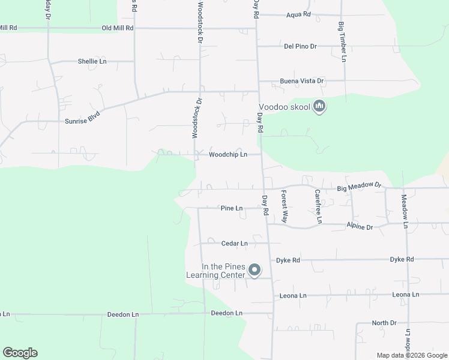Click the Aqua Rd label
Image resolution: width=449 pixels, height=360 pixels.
(298, 14)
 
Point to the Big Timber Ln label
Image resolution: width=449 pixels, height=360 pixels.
(342, 42)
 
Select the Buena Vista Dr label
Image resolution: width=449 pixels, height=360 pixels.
(300, 81)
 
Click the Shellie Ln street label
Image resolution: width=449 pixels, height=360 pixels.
(92, 61)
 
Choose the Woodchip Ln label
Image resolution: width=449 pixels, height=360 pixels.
(228, 155)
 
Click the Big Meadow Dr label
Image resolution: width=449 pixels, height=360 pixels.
(359, 188)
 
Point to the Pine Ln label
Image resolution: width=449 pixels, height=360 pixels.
(232, 208)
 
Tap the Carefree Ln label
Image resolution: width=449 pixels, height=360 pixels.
(318, 206)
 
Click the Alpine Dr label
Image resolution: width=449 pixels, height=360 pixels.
(360, 227)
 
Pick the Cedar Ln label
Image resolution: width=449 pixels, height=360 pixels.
(234, 244)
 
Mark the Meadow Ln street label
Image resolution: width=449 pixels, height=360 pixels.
(405, 211)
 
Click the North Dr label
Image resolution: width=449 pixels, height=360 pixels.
(384, 323)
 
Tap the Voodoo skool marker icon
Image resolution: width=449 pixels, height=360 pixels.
(319, 107)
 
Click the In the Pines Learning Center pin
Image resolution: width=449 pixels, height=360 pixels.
(254, 271)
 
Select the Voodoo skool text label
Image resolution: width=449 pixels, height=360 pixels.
(285, 107)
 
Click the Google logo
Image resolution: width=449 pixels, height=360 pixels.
(20, 353)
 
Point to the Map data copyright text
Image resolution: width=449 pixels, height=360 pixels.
(412, 355)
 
